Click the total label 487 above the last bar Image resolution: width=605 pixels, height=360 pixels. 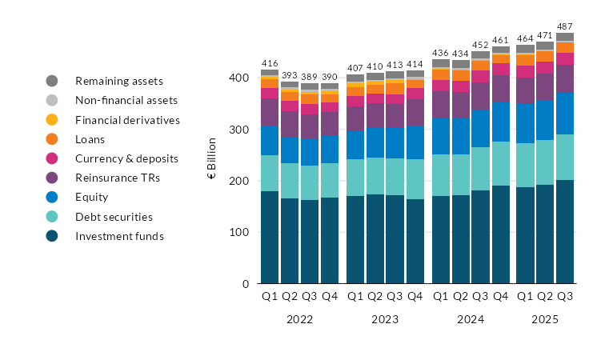point(565,26)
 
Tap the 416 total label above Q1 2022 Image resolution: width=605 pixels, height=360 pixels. point(270,62)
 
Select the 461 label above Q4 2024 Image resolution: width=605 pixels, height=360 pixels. point(500,39)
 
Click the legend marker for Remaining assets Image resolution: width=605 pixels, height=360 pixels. point(52,81)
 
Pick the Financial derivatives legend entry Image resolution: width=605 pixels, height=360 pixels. point(127,120)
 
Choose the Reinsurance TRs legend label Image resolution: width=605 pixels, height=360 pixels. point(116,178)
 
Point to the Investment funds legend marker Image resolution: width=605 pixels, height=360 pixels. point(52,236)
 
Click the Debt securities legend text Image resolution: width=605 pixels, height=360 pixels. point(113,217)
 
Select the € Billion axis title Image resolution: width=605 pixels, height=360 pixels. point(212,158)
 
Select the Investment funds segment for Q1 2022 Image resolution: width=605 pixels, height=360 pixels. point(270,238)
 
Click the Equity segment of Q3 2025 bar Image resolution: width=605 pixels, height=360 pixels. point(565,113)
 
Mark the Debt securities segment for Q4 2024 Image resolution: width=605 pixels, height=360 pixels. point(500,164)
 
